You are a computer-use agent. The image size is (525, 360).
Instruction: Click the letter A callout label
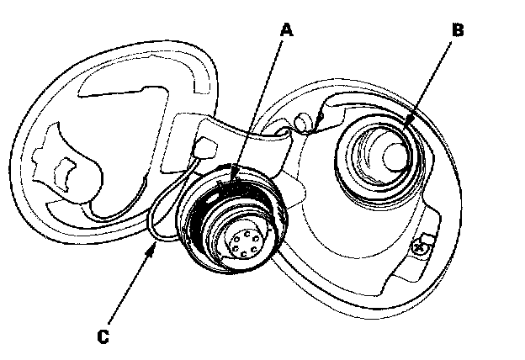[x=287, y=30]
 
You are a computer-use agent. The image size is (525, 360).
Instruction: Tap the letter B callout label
[x=458, y=30]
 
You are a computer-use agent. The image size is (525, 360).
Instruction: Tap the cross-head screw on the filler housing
[x=419, y=246]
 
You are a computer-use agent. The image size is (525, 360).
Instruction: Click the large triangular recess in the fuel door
[x=126, y=126]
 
